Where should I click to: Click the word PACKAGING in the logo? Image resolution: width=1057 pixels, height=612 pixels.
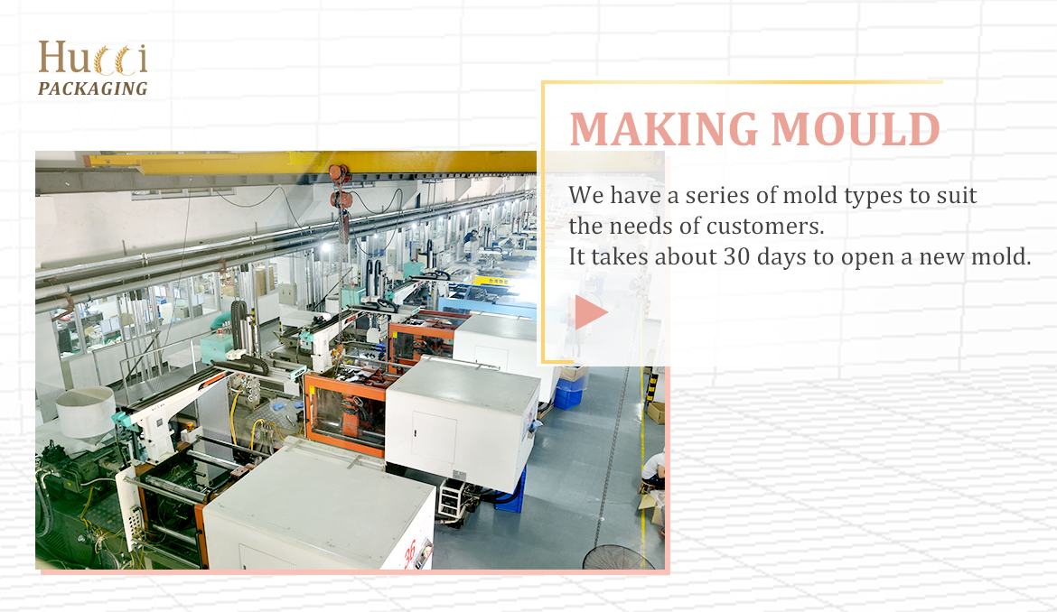click(93, 88)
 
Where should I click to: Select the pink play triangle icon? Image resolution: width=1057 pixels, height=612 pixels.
click(591, 311)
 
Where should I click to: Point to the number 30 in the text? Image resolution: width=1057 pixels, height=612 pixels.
click(737, 256)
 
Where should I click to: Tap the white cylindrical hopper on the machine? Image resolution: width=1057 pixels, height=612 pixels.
click(86, 412)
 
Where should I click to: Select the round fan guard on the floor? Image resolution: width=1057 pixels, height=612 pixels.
click(613, 558)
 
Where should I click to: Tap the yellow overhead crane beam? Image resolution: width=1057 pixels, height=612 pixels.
click(310, 162)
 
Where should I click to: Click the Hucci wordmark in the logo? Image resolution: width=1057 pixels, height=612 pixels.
click(93, 58)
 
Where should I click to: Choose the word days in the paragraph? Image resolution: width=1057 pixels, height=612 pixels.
click(782, 256)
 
